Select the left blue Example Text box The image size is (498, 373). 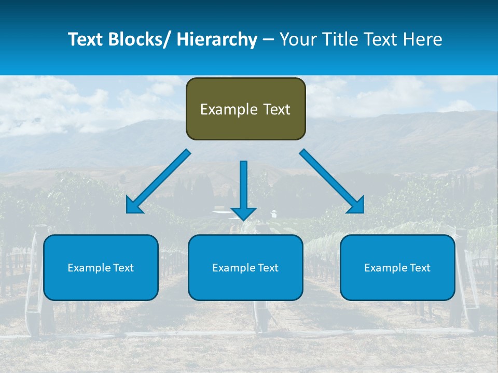coord(101,267)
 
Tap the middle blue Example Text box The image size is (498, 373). coord(245,267)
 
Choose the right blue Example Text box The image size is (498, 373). coord(397,267)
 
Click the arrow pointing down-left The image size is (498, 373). coord(158,181)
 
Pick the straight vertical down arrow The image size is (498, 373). coord(243,189)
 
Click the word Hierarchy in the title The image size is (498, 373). coord(217,39)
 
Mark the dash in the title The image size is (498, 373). coord(268,39)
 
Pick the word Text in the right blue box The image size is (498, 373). coord(420,267)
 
